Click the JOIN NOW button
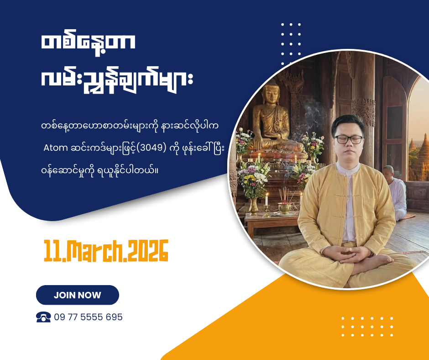pos(78,295)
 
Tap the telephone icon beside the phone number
pos(43,317)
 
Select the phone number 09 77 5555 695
pos(88,317)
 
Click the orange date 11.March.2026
pos(106,251)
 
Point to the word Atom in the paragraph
pos(56,148)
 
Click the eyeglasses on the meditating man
pos(349,139)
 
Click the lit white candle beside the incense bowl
pos(267,199)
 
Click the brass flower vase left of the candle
pos(254,206)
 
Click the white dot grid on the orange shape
pos(367,327)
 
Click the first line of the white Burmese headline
pos(88,43)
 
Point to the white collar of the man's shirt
pos(347,168)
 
